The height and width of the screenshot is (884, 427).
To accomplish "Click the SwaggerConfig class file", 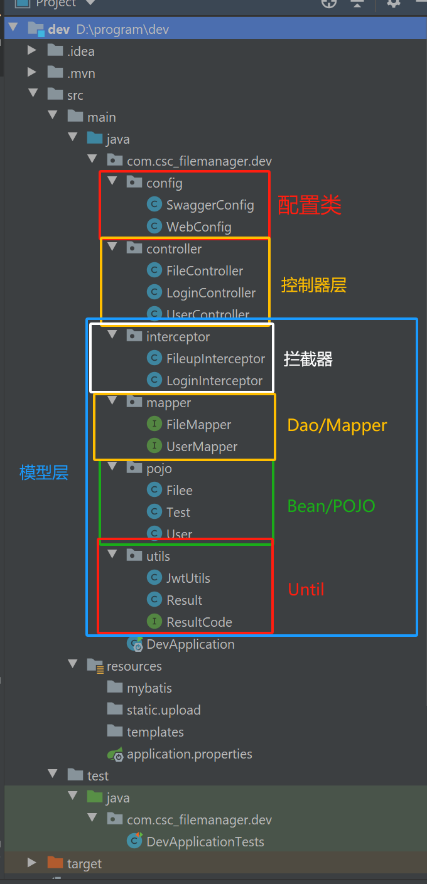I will tap(210, 205).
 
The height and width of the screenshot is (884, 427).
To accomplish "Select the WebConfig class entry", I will tap(198, 227).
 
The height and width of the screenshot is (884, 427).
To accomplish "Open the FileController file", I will tap(204, 271).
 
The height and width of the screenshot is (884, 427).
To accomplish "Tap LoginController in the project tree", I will tap(210, 293).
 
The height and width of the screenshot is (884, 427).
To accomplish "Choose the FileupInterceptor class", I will tap(215, 359).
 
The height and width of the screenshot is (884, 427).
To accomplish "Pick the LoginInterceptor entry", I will tap(214, 381).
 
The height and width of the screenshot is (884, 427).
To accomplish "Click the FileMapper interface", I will tap(198, 425).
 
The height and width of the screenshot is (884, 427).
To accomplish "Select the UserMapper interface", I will tap(202, 447).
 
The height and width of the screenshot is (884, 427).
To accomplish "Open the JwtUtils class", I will tap(188, 578).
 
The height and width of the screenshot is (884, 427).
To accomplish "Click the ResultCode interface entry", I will tap(199, 622).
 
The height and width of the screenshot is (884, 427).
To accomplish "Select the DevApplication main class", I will tap(190, 644).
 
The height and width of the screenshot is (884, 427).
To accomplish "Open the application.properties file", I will tap(189, 754).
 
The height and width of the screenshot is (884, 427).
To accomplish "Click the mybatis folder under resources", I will tap(149, 688).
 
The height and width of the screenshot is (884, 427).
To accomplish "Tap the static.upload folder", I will tap(163, 710).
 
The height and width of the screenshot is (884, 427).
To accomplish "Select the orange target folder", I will tap(84, 864).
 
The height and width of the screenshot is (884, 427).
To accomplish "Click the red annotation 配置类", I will tap(310, 205).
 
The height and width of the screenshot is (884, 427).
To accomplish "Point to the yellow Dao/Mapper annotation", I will tap(337, 425).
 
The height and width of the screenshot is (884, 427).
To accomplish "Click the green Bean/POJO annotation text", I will tap(331, 506).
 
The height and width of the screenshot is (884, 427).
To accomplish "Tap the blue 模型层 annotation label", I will tap(44, 472).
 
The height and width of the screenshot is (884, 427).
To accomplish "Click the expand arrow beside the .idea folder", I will tap(32, 51).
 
